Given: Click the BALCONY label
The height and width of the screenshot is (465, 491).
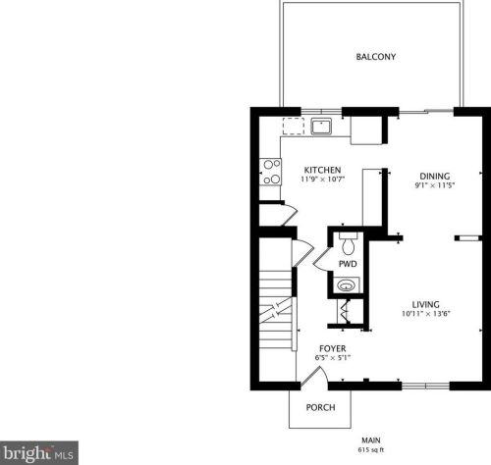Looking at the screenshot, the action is point(376,57).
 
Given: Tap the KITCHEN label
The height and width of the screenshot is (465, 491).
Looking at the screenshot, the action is point(323,170).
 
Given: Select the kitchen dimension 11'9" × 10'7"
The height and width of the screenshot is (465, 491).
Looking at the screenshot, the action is point(323,180).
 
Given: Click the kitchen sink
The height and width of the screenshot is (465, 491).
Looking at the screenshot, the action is point(321,127).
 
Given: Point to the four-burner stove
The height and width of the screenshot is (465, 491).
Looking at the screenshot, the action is point(270,172).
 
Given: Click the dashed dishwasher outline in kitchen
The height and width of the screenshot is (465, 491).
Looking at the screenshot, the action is point(294,127).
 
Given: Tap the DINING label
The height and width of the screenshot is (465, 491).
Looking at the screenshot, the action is point(435,177).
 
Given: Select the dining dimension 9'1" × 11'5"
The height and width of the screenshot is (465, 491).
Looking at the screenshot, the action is point(435,185).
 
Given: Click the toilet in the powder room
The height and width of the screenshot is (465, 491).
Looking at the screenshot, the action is point(349,243).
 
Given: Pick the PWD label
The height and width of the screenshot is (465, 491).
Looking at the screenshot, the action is point(348,264).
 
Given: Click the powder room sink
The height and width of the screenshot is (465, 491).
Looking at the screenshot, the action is point(347,285).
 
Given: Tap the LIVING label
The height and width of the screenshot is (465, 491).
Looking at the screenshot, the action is point(426,305).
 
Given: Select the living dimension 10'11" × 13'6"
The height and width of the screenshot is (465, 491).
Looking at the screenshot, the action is point(426,314).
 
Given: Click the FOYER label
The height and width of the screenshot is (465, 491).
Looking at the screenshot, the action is point(333,348).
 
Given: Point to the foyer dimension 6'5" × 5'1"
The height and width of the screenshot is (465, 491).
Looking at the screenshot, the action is point(333,358).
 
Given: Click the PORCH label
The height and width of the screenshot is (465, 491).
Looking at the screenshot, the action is point(320,408).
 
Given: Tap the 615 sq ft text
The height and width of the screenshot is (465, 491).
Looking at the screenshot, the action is point(371,450).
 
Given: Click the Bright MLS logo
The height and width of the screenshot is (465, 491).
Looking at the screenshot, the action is point(39,453).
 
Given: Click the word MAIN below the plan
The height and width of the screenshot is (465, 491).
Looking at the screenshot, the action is point(371,440).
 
